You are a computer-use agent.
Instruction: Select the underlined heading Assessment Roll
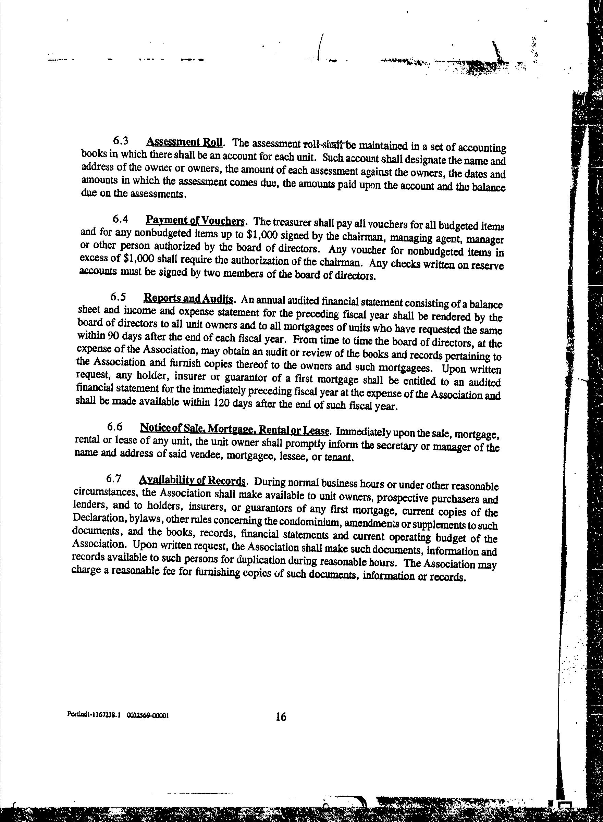pyautogui.click(x=184, y=141)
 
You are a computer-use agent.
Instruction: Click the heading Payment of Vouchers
pyautogui.click(x=195, y=221)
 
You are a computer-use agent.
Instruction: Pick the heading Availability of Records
pyautogui.click(x=191, y=481)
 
